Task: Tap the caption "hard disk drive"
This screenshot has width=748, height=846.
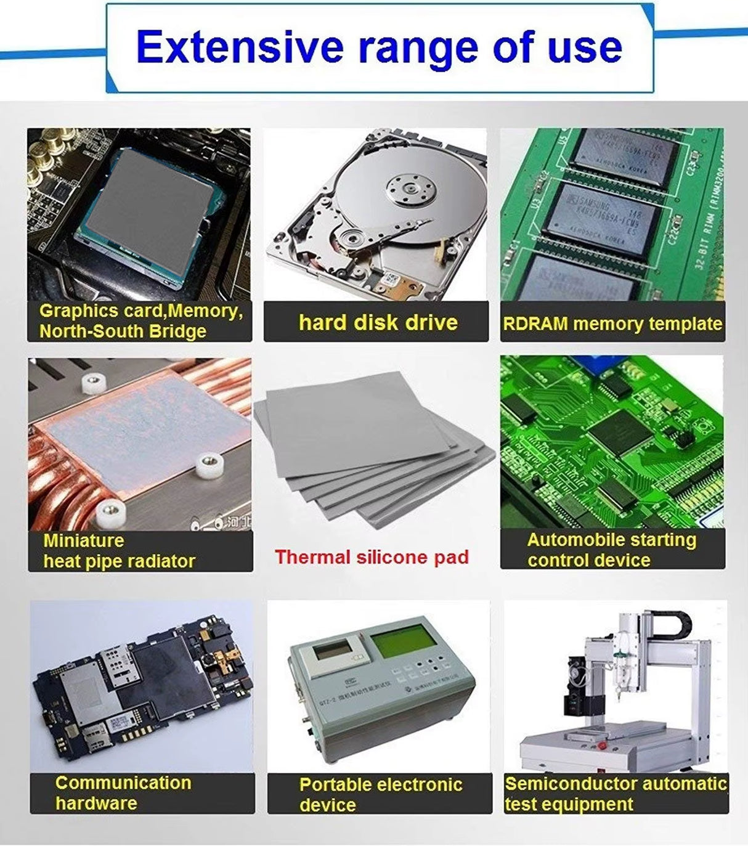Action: [378, 322]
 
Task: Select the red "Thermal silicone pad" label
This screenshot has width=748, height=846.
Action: [372, 557]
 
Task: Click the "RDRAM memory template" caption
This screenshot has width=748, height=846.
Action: [612, 323]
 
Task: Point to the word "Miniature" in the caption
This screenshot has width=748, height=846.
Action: [84, 541]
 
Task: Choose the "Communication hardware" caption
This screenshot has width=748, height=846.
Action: [123, 793]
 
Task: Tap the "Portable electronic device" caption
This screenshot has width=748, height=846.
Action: [380, 794]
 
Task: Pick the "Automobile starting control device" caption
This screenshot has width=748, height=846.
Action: [611, 550]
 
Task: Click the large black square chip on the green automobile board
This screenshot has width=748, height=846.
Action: [620, 431]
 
